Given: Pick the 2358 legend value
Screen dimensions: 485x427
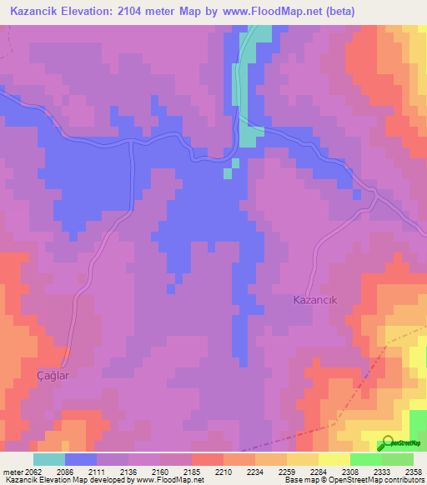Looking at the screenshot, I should point(412,471).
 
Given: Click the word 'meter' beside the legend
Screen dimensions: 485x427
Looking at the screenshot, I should point(13,471).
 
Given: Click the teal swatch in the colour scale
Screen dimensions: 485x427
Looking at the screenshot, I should point(49,459).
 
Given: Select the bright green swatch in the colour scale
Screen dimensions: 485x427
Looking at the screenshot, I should point(365,459).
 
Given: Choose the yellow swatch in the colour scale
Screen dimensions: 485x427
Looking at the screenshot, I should point(334,459).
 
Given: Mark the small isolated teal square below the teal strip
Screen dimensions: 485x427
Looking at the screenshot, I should point(228,173).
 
